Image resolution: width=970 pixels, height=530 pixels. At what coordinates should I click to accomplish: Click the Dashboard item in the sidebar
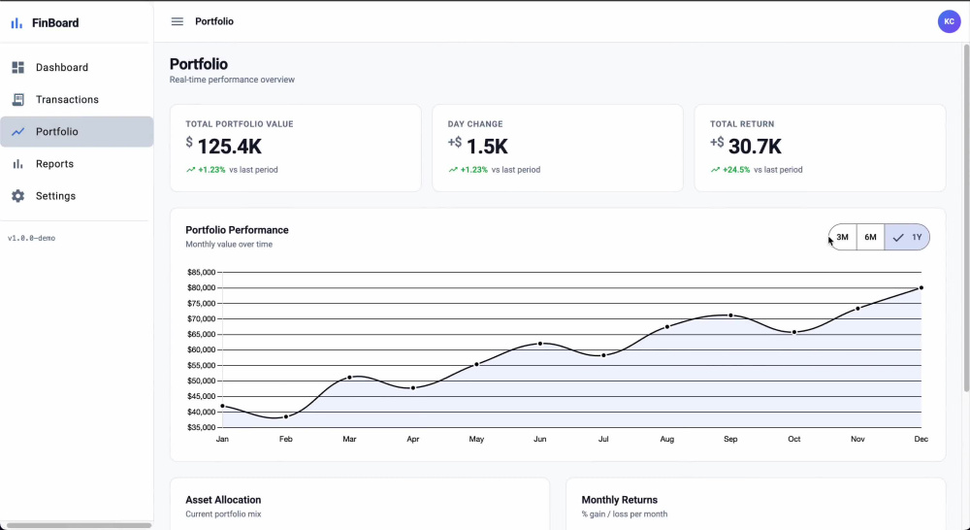pos(62,68)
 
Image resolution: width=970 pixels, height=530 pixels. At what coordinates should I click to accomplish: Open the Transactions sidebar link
pos(67,100)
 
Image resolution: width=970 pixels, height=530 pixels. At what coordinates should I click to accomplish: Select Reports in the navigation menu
pos(54,164)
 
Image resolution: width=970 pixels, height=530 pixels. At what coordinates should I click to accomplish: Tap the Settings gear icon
pos(17,196)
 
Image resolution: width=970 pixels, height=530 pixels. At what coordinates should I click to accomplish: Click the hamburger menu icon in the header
pos(177,21)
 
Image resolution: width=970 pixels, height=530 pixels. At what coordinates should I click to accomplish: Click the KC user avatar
pos(949,21)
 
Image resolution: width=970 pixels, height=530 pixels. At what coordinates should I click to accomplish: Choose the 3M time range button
pos(843,237)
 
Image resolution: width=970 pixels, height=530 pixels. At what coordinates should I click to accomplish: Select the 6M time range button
pos(870,237)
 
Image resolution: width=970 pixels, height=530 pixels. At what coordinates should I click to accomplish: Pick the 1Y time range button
pos(907,237)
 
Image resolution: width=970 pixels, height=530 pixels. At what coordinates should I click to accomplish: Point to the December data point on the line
pos(921,288)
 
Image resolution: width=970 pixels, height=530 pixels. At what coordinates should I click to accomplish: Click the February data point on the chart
pos(286,416)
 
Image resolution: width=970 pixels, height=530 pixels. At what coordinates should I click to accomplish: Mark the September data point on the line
pos(730,315)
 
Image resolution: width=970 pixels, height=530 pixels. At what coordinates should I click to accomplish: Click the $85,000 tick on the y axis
pos(201,273)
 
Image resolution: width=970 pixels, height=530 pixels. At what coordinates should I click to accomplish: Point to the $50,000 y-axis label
pos(201,381)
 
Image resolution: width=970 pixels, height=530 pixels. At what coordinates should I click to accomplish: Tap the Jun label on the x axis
pos(540,439)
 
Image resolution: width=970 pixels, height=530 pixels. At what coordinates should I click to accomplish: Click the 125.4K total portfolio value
pos(230,147)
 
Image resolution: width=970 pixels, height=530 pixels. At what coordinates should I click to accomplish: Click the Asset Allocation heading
pos(223,500)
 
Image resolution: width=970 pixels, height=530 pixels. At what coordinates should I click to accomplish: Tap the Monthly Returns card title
pos(619,500)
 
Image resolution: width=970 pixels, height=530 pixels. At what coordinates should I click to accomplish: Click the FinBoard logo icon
pos(16,23)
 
